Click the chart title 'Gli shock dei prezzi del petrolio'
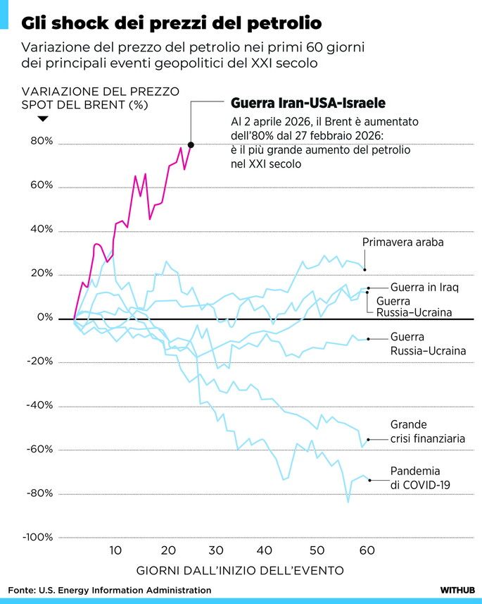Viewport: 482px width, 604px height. [171, 23]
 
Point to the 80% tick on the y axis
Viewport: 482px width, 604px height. [41, 142]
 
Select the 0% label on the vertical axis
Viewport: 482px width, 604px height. [45, 318]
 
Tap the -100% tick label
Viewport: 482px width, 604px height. [37, 537]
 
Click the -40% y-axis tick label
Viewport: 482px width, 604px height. [39, 405]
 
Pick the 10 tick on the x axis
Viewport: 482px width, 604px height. [115, 550]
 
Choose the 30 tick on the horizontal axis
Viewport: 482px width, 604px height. [215, 550]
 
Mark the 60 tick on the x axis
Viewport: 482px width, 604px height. [366, 550]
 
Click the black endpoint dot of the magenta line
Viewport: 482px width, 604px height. [191, 144]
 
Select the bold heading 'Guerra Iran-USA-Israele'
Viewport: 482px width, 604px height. [308, 103]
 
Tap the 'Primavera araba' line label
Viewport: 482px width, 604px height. [402, 243]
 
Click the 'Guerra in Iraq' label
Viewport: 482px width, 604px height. [424, 287]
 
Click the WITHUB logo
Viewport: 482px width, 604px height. [457, 590]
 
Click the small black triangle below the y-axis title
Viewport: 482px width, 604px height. [42, 119]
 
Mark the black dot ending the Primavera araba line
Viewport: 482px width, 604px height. [364, 269]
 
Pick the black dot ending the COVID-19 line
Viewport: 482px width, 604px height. [370, 480]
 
